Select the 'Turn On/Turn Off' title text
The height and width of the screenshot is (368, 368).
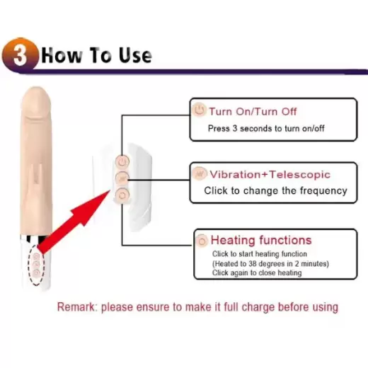[253, 111]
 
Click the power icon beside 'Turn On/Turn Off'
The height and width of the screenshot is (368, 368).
[199, 110]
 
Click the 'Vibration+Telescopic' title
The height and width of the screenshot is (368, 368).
[270, 174]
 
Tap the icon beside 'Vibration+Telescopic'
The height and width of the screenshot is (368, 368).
[200, 174]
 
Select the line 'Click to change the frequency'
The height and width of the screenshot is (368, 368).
[275, 190]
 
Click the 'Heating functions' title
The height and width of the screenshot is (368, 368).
[260, 240]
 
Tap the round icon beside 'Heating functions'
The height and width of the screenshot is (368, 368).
[202, 240]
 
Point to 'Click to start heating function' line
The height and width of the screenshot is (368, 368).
[260, 254]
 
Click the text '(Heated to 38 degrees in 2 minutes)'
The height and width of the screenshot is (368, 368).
[271, 263]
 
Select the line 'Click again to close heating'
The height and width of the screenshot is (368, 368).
[257, 272]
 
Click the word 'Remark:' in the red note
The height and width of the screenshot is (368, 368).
[76, 307]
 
